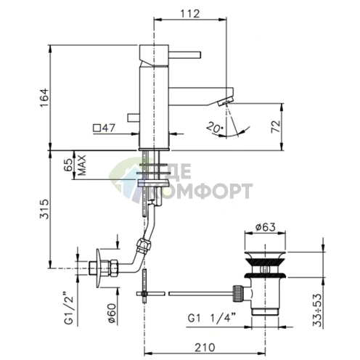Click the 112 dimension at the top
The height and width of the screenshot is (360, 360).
[190, 14]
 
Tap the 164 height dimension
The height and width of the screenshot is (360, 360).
[44, 98]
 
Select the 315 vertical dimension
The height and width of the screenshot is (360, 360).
[44, 209]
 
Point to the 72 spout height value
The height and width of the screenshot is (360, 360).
[276, 126]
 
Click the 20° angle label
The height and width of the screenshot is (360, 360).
[215, 128]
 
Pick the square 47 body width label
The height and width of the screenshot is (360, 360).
[105, 128]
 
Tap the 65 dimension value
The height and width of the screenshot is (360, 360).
[69, 165]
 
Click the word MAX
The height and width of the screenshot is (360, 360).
[82, 165]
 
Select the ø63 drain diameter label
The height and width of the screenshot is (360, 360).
[266, 227]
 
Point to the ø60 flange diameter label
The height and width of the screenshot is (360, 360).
[112, 314]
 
